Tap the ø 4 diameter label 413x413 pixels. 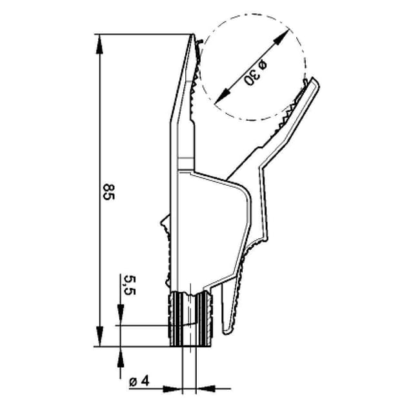point(139,381)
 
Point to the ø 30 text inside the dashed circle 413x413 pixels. point(256,72)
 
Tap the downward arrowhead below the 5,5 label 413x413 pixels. point(120,317)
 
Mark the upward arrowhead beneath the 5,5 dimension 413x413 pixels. point(120,355)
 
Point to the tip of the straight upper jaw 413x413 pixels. point(192,37)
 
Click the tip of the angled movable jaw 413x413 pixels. point(314,81)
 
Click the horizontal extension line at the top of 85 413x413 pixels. point(142,34)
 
